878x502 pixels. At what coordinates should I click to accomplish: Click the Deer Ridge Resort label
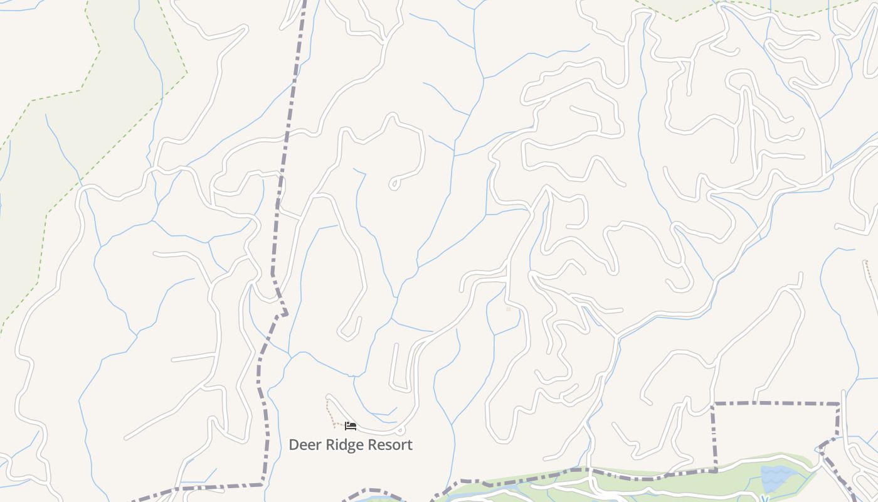351,445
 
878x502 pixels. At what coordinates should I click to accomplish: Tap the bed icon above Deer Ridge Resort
351,426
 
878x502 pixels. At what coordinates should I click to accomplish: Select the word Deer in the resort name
304,445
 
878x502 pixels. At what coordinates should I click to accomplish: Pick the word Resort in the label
390,445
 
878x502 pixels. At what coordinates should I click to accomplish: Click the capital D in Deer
294,445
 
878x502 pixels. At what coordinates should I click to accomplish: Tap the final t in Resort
410,445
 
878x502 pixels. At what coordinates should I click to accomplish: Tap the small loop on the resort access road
400,430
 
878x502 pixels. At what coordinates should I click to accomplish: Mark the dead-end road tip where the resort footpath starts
327,397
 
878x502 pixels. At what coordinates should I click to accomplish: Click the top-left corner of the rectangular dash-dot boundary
714,404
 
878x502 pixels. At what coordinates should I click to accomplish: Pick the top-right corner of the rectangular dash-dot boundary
838,404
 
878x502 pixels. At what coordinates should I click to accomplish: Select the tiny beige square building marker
508,309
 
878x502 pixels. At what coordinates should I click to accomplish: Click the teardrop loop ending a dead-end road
394,184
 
